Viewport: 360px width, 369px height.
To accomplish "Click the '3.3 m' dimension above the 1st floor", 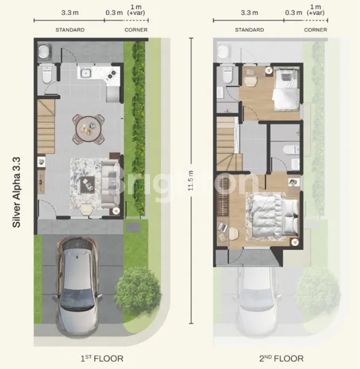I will (69, 12).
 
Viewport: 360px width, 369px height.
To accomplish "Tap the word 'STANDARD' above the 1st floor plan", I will (70, 30).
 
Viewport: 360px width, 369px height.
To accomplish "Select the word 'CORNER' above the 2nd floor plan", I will (315, 30).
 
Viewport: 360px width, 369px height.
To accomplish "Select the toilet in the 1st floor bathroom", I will (46, 76).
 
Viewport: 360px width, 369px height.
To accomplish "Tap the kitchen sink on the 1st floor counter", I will (86, 74).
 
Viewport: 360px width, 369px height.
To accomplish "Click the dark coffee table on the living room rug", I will (87, 182).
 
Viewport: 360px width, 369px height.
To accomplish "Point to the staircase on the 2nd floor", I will (226, 145).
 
